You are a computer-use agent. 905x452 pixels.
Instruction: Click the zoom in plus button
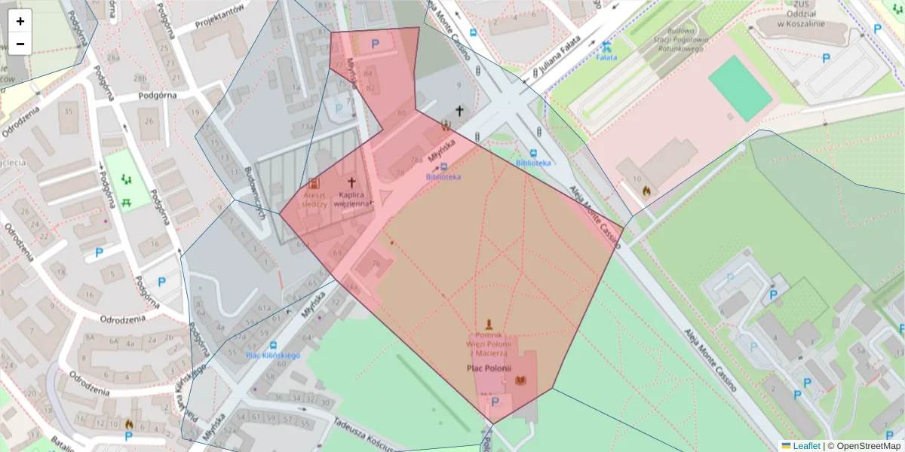coord(20,21)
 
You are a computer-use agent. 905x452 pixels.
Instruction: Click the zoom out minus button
coord(20,44)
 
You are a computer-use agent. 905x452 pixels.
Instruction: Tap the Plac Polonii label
coord(489,368)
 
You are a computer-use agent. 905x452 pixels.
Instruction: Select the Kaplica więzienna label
coord(351,198)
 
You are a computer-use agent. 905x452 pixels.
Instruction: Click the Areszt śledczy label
coord(314,198)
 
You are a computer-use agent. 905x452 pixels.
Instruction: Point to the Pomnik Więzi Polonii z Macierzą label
coord(489,344)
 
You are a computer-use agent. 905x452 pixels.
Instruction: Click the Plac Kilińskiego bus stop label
coord(274,355)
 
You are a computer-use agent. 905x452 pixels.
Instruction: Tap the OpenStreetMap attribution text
coord(864,446)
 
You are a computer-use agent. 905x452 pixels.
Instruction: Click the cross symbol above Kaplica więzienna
coord(351,182)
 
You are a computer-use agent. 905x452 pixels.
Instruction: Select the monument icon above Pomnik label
coord(489,323)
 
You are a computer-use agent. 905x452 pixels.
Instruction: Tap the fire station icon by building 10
coord(646,191)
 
